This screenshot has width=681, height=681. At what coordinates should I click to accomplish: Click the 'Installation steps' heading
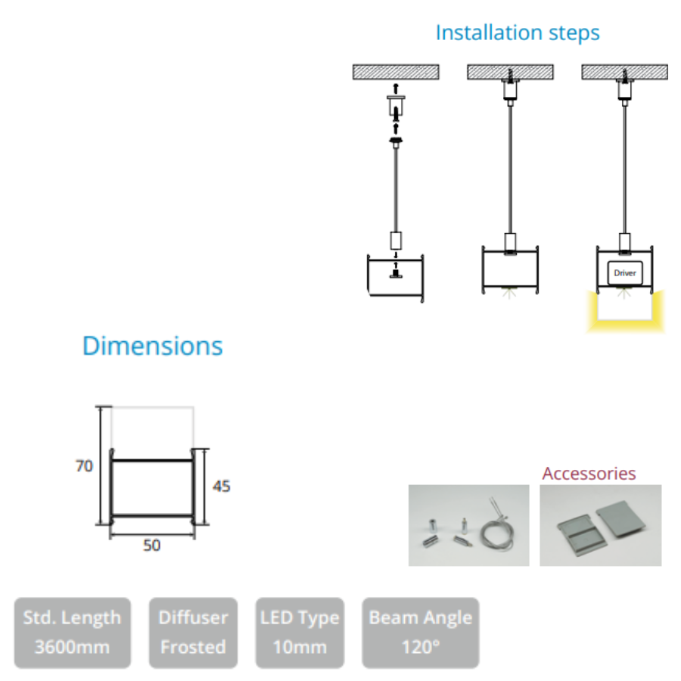[518, 33]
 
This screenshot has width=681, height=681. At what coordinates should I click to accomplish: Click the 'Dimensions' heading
[152, 346]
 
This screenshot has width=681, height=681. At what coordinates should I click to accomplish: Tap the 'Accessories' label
[589, 474]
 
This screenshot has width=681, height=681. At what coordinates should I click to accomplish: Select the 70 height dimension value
[84, 466]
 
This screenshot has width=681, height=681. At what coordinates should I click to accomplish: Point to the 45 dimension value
[220, 486]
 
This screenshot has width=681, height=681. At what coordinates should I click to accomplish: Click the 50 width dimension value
[152, 545]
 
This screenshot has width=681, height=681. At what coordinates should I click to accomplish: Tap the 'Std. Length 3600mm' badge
[72, 632]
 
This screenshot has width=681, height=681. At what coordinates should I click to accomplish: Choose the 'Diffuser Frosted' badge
[193, 632]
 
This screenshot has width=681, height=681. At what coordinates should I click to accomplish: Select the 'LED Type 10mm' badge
[300, 632]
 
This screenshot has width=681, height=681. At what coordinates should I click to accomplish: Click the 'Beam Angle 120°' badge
[420, 632]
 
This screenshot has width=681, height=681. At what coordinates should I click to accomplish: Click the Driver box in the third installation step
[624, 272]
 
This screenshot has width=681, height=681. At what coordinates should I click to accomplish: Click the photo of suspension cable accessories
[468, 525]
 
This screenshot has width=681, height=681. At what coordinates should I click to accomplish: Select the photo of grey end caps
[600, 525]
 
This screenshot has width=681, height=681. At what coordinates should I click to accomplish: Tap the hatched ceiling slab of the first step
[396, 72]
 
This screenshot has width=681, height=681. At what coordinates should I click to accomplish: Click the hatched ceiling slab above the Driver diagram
[624, 72]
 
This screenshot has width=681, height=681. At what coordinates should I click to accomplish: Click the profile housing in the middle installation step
[510, 269]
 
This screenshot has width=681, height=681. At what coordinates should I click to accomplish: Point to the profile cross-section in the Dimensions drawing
[152, 488]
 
